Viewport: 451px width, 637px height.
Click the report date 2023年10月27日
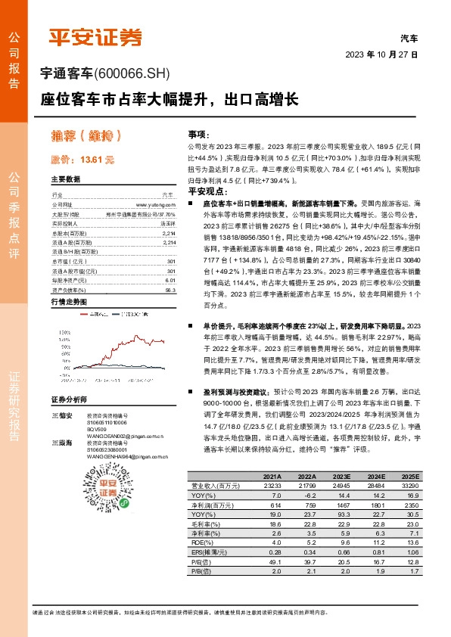(x=381, y=54)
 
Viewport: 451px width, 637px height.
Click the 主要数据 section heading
(x=65, y=179)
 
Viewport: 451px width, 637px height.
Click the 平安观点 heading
(x=203, y=192)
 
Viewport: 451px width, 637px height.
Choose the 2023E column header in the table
(x=339, y=477)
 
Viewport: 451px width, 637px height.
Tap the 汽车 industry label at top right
(x=409, y=37)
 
